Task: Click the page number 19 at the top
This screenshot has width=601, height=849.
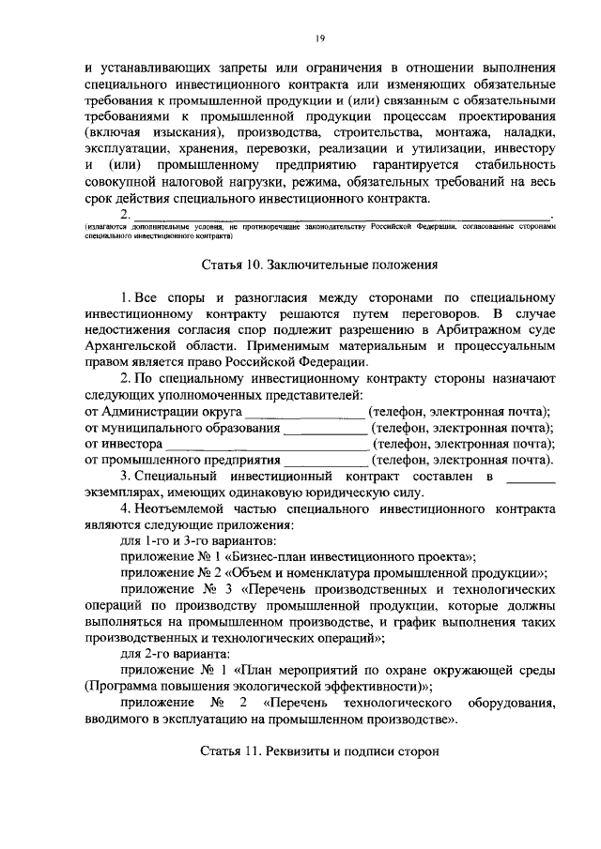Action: coord(320,37)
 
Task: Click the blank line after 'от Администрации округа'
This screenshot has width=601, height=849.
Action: coord(305,414)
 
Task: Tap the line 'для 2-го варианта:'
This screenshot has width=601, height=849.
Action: coord(174,654)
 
